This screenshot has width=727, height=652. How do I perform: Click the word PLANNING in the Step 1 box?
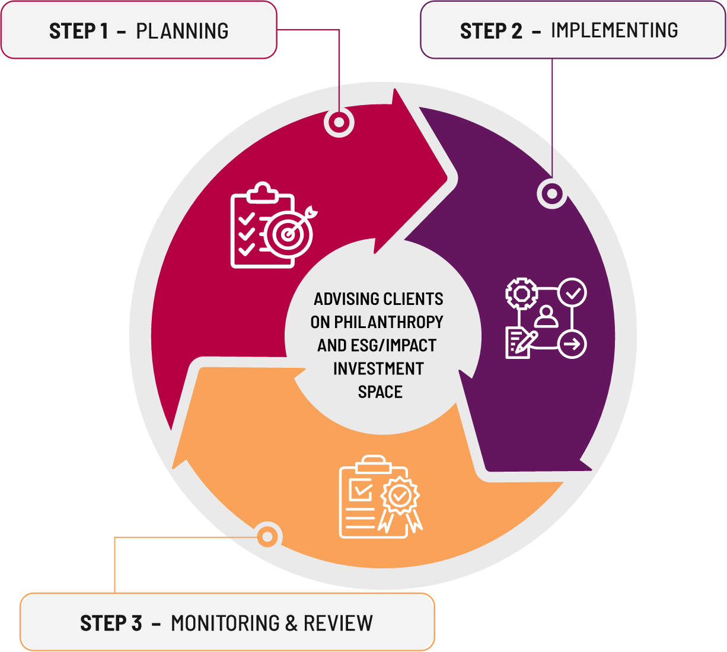(182, 31)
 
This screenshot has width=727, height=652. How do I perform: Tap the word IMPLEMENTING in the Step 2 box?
(614, 30)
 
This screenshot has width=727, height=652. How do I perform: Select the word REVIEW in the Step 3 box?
(338, 624)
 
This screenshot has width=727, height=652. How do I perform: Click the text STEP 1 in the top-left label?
(79, 31)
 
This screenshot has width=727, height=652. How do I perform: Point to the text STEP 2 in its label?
(491, 31)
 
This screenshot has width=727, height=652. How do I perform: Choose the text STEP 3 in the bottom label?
(111, 624)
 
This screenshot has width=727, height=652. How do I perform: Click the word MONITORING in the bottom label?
(225, 624)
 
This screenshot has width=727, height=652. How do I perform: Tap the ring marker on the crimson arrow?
(339, 123)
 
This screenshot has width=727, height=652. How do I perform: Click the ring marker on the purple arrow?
(552, 193)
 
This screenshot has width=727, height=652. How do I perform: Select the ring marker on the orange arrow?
(268, 537)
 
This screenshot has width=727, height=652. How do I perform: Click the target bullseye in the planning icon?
(289, 234)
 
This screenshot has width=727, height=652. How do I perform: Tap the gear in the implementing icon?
(521, 294)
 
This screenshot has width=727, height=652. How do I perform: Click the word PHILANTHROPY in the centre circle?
(388, 322)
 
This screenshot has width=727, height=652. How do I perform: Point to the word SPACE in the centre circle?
(380, 392)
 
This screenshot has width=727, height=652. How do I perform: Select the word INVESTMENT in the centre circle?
(378, 369)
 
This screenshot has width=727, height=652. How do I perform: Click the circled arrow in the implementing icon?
(572, 344)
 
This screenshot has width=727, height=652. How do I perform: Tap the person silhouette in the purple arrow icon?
(546, 317)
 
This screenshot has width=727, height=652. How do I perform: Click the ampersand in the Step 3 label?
(291, 624)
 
